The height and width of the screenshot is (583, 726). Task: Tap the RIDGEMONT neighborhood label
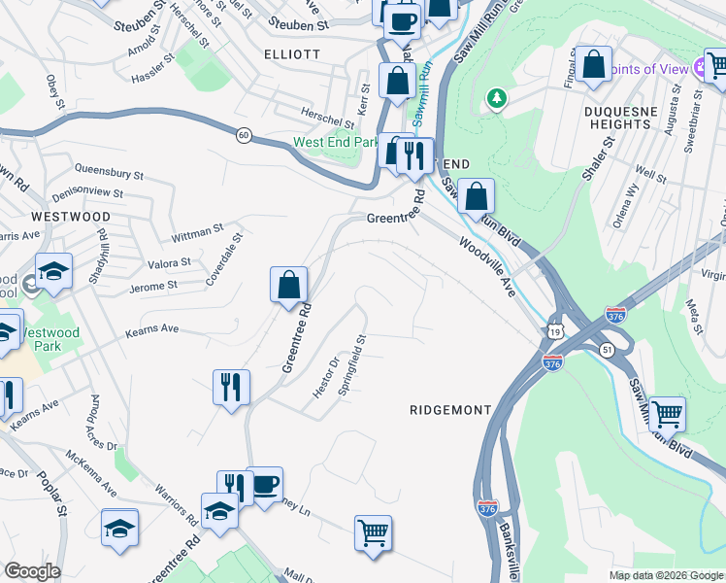(450, 410)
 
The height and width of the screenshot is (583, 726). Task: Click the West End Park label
(336, 142)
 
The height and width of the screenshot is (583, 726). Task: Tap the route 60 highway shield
(246, 135)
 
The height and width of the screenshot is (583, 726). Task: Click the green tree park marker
(496, 98)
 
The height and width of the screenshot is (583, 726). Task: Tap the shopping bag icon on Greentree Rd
(288, 286)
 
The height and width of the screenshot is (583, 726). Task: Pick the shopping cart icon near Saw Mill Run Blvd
(667, 414)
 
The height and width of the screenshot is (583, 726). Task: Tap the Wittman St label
(197, 233)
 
